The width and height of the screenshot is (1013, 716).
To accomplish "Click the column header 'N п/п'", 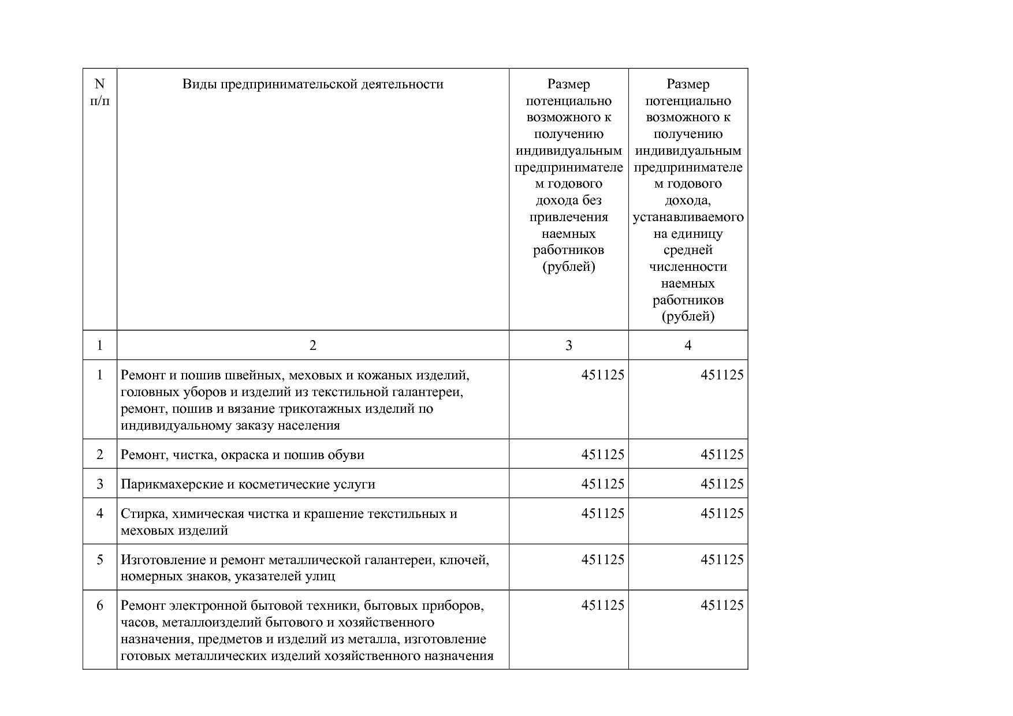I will (x=100, y=92).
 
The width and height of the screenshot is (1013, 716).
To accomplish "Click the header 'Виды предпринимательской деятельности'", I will (x=312, y=84).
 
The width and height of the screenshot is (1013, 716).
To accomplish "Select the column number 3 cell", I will (x=568, y=345).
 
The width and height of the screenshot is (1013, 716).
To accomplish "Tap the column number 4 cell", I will (x=687, y=345).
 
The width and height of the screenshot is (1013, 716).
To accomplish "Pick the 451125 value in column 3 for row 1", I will (x=602, y=375).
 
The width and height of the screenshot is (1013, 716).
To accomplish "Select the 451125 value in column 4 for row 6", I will (x=722, y=605).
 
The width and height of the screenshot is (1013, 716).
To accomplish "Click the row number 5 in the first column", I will (x=100, y=560).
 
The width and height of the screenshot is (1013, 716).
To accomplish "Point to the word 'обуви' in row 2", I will (x=346, y=455).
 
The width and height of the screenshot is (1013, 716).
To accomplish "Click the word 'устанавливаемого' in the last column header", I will (x=688, y=218).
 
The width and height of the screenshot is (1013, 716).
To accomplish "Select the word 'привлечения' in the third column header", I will (x=568, y=218).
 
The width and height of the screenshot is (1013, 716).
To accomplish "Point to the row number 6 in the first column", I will (x=100, y=605).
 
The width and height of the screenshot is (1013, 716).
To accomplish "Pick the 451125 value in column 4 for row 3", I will (x=722, y=484).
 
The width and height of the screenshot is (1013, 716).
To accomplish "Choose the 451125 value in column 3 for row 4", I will (x=602, y=514).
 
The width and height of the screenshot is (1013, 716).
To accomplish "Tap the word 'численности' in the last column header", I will (x=688, y=267).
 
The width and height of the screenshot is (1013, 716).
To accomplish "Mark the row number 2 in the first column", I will (x=100, y=455).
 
